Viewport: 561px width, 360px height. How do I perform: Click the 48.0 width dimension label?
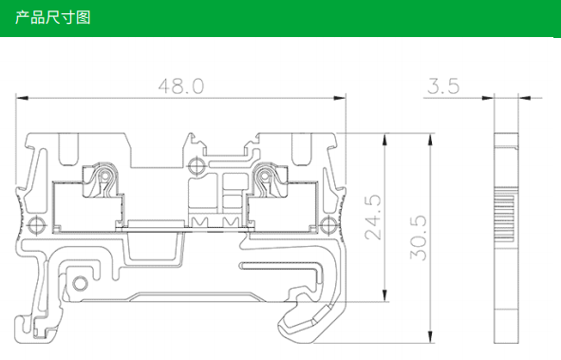181,86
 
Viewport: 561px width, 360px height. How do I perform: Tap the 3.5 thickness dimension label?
443,86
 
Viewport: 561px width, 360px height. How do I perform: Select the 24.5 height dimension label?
373,217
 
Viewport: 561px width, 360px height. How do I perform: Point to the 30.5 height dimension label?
419,237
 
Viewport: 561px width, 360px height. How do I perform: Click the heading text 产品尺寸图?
53,17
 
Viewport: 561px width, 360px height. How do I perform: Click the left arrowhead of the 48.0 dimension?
22,98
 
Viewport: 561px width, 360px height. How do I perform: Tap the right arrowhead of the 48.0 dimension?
340,98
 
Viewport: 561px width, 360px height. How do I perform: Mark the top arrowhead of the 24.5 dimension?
385,140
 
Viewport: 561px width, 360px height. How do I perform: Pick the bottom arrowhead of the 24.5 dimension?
385,295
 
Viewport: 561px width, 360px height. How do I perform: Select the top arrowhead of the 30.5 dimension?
430,140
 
